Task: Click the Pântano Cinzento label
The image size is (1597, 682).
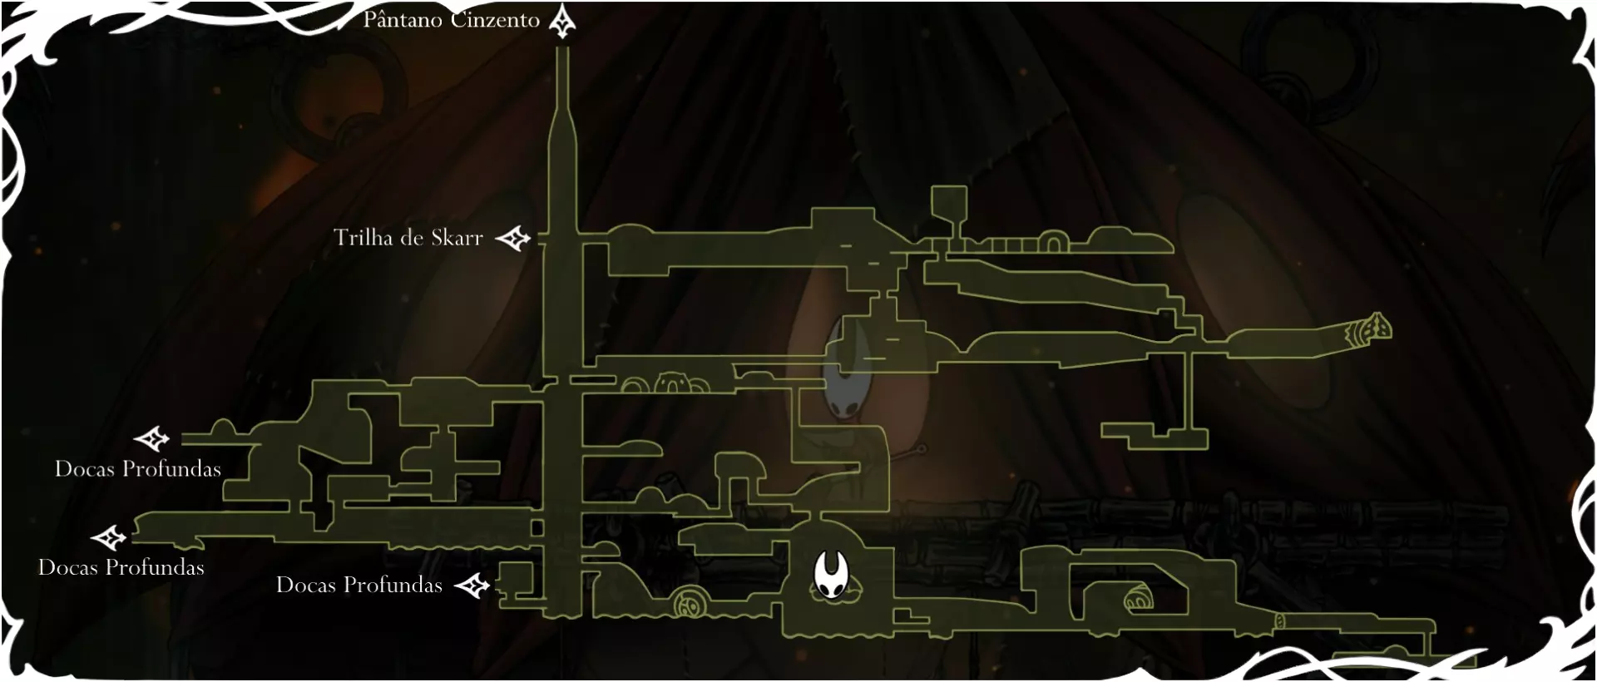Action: pyautogui.click(x=452, y=20)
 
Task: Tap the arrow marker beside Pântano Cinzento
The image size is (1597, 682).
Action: pyautogui.click(x=563, y=22)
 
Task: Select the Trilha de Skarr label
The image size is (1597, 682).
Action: pyautogui.click(x=408, y=238)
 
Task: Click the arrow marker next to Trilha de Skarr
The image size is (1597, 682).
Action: pyautogui.click(x=513, y=239)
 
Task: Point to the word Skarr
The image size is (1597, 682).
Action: pyautogui.click(x=457, y=238)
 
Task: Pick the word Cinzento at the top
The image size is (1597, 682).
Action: pyautogui.click(x=495, y=20)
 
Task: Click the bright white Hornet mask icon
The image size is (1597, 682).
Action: pyautogui.click(x=830, y=575)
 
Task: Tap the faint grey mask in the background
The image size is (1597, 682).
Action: pyautogui.click(x=848, y=372)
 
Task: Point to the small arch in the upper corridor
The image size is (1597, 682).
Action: pyautogui.click(x=1052, y=243)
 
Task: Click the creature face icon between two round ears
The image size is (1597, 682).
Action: pyautogui.click(x=672, y=384)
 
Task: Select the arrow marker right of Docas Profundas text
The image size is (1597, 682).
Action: pyautogui.click(x=472, y=586)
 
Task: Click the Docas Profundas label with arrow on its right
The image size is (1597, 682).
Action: pyautogui.click(x=358, y=586)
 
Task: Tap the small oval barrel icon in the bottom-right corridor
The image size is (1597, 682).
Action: pyautogui.click(x=1280, y=621)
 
